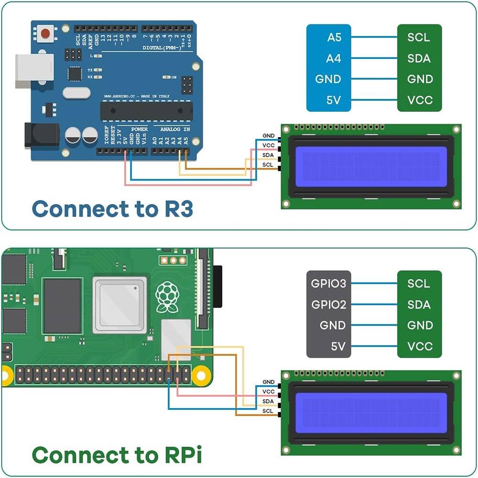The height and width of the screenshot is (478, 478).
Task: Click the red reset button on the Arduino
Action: [45, 33]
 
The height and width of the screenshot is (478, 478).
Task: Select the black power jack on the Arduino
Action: [42, 135]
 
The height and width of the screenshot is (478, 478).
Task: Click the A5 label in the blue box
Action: [334, 37]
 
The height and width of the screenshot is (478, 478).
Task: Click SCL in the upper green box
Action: [419, 37]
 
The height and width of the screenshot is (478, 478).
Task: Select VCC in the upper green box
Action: [420, 100]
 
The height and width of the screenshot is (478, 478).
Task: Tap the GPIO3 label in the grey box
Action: [328, 283]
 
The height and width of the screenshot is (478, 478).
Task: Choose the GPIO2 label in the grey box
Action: [328, 304]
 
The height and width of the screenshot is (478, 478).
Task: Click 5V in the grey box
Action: [337, 346]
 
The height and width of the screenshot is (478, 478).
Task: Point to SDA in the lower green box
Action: [419, 304]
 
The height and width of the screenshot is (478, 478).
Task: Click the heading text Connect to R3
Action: [112, 209]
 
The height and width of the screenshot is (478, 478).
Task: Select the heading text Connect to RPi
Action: [117, 455]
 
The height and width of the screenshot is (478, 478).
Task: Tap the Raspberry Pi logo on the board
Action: [167, 297]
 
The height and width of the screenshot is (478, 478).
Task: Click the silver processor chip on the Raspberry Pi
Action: [119, 304]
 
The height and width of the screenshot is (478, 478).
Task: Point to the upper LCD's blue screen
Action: [371, 166]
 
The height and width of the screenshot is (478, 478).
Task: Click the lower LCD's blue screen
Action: [371, 413]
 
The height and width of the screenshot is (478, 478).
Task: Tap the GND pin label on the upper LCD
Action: [269, 136]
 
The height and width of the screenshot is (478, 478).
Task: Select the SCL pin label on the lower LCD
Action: [268, 411]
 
